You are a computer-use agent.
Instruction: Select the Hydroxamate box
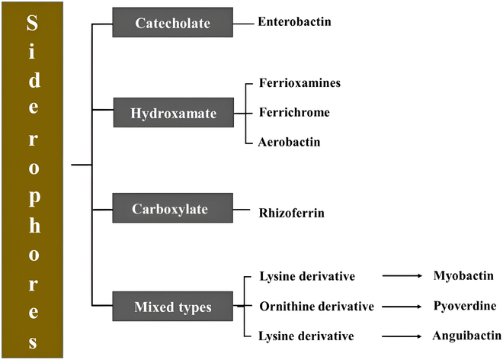coord(172,114)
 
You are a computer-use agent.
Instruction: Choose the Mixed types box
coord(173,307)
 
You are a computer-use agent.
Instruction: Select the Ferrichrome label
coord(293,113)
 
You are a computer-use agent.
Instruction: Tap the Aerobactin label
coord(289,142)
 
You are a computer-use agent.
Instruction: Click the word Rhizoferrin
coord(293,214)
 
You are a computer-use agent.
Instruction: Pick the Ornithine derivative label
coord(316,306)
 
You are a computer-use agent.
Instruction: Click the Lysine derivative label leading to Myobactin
coord(306,275)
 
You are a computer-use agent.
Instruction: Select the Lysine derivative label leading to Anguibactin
coord(306,336)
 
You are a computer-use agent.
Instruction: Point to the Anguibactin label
coord(466,336)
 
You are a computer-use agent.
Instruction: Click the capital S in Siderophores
coord(32,25)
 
